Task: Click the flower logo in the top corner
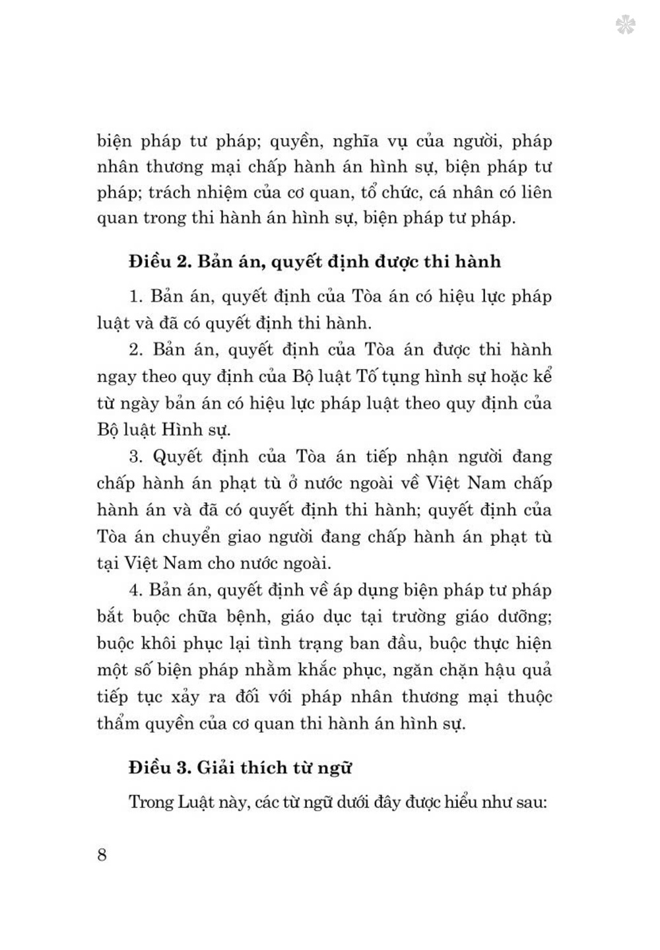tap(625, 26)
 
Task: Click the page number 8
tap(102, 854)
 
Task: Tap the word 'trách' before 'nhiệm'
tap(170, 193)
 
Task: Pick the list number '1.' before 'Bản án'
tap(136, 296)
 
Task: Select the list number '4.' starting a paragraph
tap(136, 590)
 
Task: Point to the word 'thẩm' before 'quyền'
tap(118, 724)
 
